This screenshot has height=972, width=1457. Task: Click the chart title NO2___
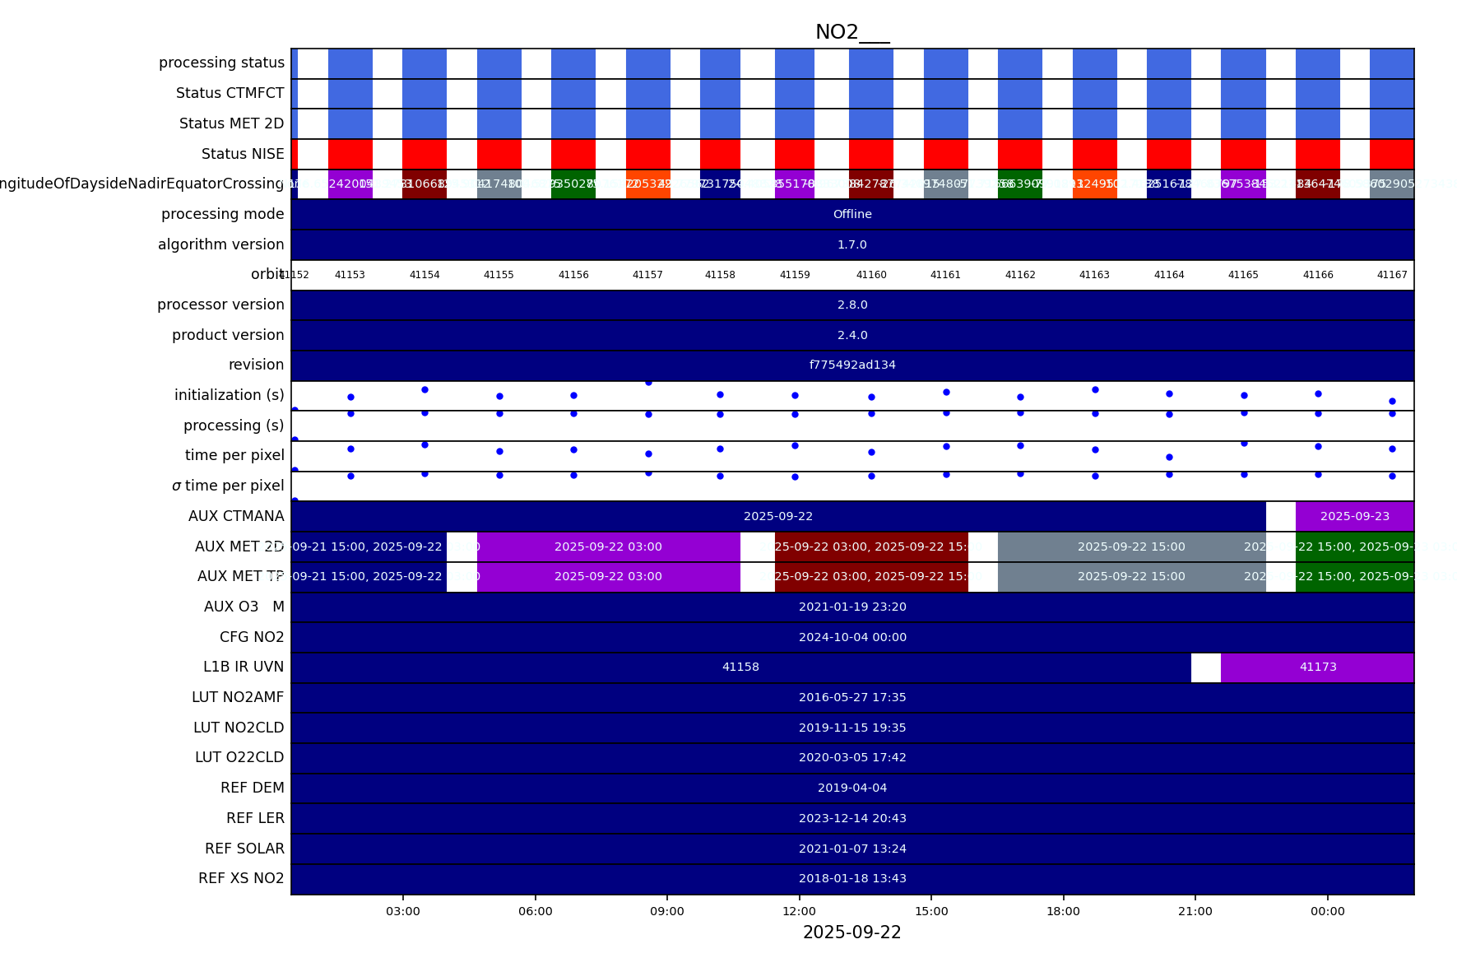(852, 32)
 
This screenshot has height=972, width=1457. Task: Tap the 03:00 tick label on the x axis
(403, 911)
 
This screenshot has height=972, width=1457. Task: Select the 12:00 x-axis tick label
(799, 911)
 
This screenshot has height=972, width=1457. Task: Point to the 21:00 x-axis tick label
(1195, 911)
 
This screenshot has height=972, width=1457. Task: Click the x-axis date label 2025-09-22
(852, 932)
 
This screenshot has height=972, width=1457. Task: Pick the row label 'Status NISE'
(243, 154)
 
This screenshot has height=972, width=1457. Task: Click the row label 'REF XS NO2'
(241, 878)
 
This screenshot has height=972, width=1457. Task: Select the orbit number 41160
(871, 275)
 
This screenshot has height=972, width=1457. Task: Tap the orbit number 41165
(1243, 275)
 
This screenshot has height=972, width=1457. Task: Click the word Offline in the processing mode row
(852, 214)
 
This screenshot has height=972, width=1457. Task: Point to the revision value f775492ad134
(852, 365)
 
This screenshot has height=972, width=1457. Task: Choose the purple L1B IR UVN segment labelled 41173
(1317, 667)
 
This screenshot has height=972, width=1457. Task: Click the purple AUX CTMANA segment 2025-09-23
(1354, 516)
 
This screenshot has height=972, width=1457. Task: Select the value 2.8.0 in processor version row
(852, 305)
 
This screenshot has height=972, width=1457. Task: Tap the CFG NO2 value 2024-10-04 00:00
(852, 637)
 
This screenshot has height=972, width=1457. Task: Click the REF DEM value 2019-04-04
(852, 788)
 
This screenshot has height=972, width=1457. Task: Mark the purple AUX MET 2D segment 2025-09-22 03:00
(608, 546)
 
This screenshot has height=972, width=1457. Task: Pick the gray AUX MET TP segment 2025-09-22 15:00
(1131, 576)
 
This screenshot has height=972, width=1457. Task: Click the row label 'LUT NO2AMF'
(238, 697)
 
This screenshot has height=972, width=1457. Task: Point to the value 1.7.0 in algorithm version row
(852, 244)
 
